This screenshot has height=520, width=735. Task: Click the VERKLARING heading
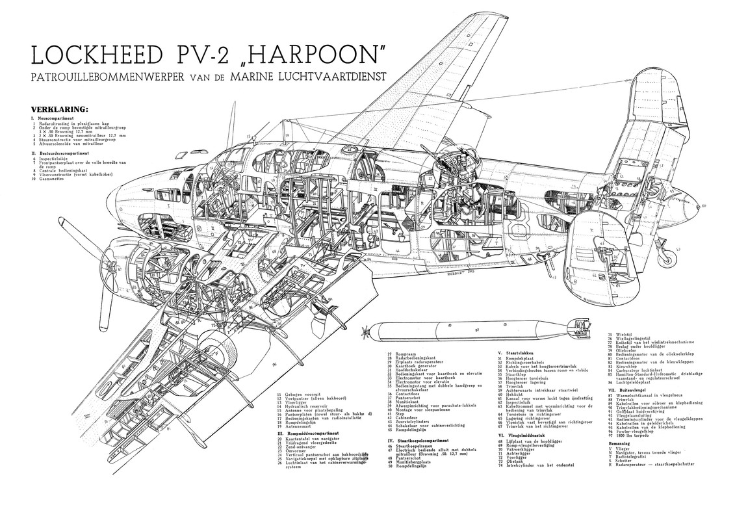tap(59, 109)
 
